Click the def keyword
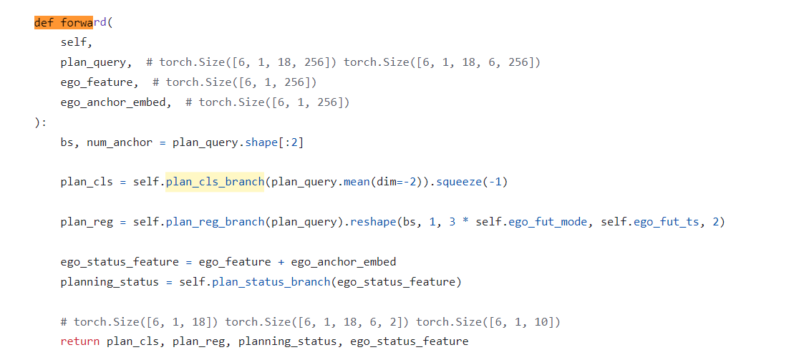coord(44,22)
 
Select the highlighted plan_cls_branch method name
coord(215,182)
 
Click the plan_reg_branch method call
coord(215,222)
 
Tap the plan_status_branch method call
coord(271,282)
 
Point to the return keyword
coord(80,341)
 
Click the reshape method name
coord(373,222)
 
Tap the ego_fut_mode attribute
coord(548,222)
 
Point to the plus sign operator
coord(281,262)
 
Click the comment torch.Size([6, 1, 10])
coord(488,322)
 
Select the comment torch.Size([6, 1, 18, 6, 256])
coord(442,62)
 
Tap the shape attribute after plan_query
coord(261,142)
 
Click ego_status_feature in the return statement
coord(409,341)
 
